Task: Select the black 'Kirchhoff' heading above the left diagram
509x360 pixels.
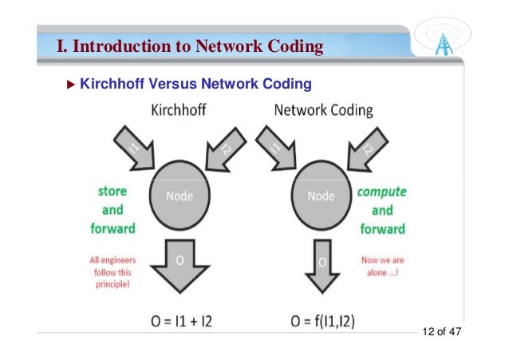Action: [178, 110]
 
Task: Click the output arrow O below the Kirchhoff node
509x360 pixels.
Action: [180, 263]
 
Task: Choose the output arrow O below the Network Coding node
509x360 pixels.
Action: [322, 263]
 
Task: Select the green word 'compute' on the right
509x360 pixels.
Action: [381, 192]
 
